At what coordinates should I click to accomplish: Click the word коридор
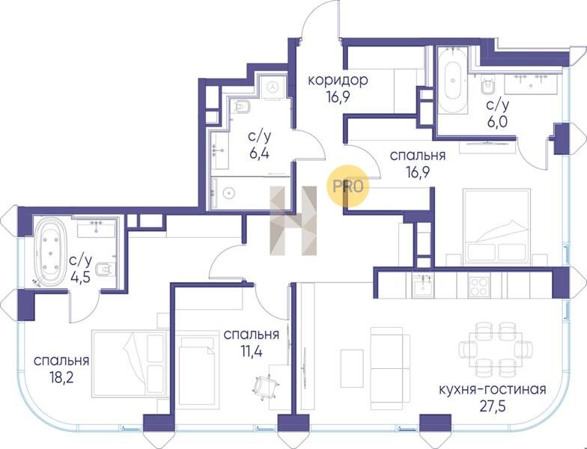338,81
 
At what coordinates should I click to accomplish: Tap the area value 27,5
493,406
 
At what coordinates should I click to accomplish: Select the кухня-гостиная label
493,389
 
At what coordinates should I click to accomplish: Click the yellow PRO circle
347,186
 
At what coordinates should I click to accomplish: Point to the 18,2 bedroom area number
61,377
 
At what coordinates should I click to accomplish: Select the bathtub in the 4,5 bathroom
49,251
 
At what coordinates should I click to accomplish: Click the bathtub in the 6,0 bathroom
452,80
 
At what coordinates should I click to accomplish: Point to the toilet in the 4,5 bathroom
106,268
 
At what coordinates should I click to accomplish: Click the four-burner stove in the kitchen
479,286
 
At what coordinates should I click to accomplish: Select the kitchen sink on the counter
423,286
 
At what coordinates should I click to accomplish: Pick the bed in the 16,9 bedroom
496,227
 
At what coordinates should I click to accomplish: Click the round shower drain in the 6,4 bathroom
228,193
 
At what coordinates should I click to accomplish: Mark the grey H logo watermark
293,221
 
